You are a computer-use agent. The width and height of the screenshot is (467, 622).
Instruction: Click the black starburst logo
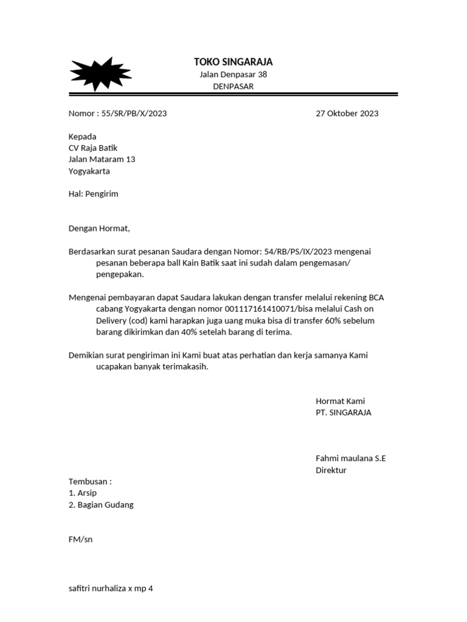point(100,73)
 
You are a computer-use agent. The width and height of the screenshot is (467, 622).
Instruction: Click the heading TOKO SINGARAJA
point(233,62)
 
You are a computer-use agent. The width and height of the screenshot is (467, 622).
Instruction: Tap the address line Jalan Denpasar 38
point(233,75)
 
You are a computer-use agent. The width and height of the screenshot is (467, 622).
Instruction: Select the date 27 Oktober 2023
point(347,114)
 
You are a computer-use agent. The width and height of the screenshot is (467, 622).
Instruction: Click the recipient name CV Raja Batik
point(93,148)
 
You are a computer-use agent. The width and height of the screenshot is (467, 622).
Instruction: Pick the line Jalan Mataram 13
point(102,160)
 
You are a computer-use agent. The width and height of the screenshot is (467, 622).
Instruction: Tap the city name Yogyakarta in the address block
point(89,171)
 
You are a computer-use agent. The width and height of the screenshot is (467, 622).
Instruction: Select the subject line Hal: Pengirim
point(93,194)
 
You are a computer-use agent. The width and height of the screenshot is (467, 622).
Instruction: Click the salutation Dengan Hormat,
point(99,229)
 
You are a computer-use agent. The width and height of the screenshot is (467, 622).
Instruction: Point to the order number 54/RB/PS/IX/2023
point(298,251)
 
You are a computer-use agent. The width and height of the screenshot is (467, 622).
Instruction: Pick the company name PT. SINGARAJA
point(343,413)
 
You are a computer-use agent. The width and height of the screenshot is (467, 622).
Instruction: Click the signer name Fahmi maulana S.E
point(350,459)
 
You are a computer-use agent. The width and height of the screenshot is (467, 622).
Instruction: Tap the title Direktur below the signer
point(331,470)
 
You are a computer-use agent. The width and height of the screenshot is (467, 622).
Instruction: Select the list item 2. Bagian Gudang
point(101,505)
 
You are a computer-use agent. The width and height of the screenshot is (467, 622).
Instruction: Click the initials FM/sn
point(80,539)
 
